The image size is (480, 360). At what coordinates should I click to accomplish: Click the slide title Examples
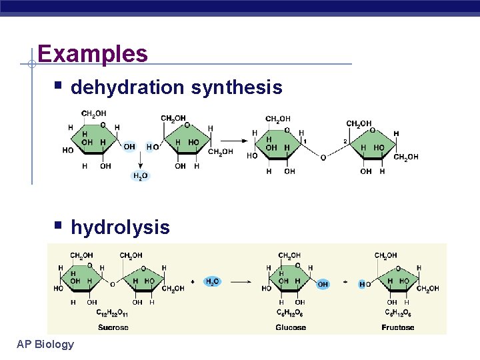(93, 53)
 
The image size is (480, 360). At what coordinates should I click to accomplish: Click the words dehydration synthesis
(176, 87)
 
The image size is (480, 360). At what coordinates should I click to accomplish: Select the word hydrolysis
(120, 227)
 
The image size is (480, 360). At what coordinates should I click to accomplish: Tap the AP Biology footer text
(45, 344)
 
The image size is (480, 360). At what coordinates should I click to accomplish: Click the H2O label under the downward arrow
(140, 176)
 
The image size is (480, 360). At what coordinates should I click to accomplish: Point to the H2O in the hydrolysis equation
(213, 282)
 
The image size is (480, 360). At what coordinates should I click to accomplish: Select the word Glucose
(291, 327)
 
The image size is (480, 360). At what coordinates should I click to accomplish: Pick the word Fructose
(397, 327)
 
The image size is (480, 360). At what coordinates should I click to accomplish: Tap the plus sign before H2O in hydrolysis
(193, 282)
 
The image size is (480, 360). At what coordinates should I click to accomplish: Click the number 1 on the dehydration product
(305, 141)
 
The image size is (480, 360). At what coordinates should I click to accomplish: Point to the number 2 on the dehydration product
(345, 141)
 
